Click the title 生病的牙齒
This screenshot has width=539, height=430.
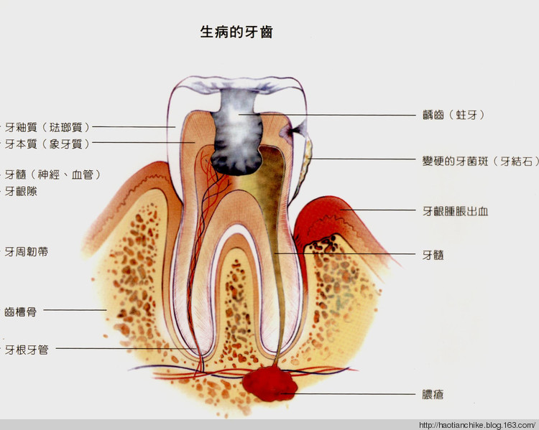pyautogui.click(x=236, y=32)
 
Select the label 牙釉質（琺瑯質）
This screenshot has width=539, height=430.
pyautogui.click(x=47, y=127)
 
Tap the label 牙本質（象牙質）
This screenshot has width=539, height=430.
pyautogui.click(x=47, y=144)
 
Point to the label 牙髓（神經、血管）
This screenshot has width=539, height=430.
pyautogui.click(x=52, y=174)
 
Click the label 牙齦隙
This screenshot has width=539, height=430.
pyautogui.click(x=21, y=191)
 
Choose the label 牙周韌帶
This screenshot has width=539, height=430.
pyautogui.click(x=26, y=252)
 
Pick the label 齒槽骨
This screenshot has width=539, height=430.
pyautogui.click(x=20, y=312)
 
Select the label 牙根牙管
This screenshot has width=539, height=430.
pyautogui.click(x=26, y=350)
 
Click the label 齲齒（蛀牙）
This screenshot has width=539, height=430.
pyautogui.click(x=453, y=115)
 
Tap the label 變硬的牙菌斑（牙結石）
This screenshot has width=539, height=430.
pyautogui.click(x=480, y=161)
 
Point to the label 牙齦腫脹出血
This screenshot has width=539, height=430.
pyautogui.click(x=455, y=211)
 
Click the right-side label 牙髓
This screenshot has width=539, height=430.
pyautogui.click(x=433, y=255)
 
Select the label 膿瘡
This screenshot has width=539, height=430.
pyautogui.click(x=433, y=394)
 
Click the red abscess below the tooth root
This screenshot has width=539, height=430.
pyautogui.click(x=269, y=383)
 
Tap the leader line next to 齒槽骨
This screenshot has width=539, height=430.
pyautogui.click(x=75, y=310)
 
